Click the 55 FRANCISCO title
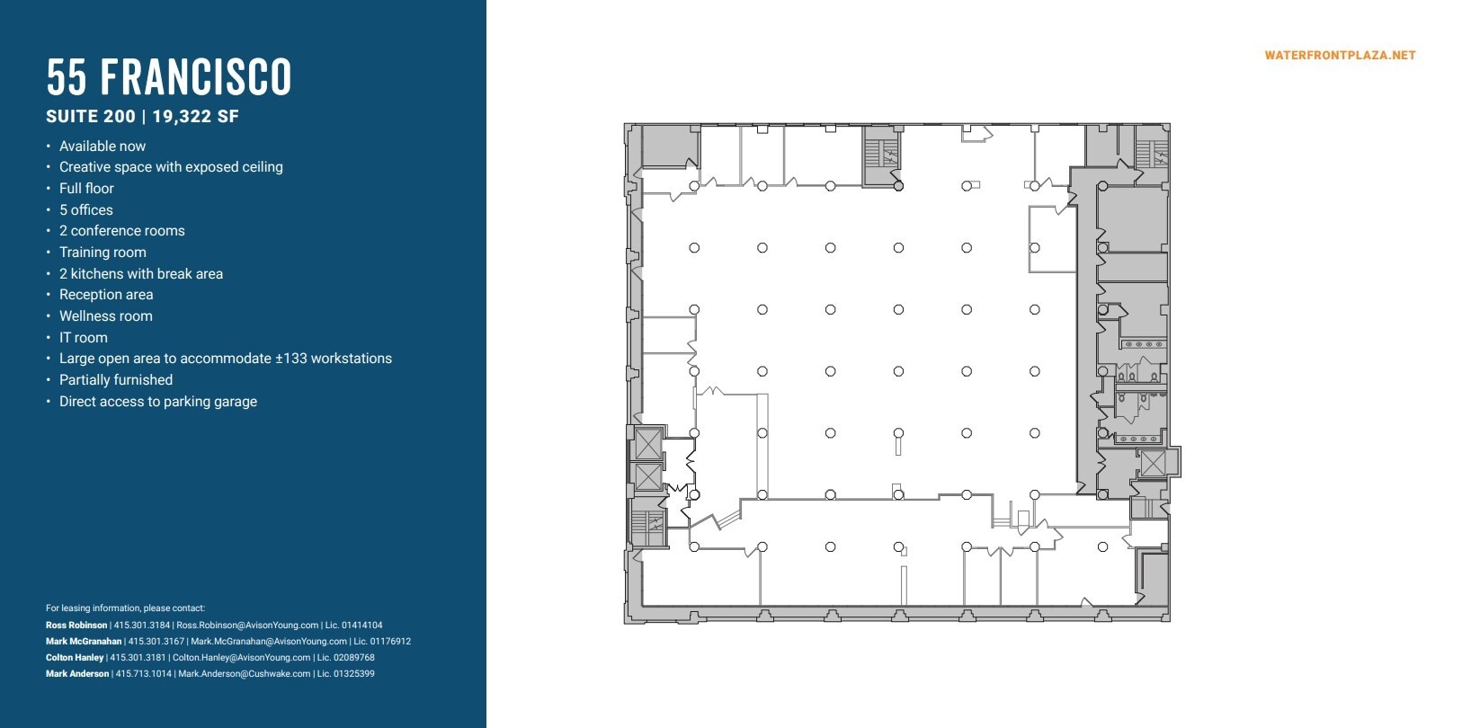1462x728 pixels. pos(169,77)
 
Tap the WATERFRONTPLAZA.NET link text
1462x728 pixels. pos(1340,55)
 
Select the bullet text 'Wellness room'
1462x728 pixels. pos(105,315)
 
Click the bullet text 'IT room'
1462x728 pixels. pos(83,337)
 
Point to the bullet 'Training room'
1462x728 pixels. pos(103,252)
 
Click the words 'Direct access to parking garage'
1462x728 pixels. pos(158,401)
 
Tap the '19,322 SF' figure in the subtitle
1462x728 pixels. pos(195,116)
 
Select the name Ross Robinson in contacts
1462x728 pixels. pos(76,625)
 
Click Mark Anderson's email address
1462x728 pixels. pos(244,673)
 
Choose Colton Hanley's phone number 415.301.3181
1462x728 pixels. pos(138,657)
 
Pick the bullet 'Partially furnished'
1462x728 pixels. pos(116,379)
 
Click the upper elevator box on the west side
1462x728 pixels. pos(648,443)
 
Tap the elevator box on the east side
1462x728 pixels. pos(1153,463)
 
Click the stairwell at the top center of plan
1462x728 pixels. pos(882,155)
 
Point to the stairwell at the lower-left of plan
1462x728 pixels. pos(648,528)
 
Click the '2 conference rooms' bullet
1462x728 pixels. pos(122,230)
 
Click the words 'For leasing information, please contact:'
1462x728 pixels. pos(125,608)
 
